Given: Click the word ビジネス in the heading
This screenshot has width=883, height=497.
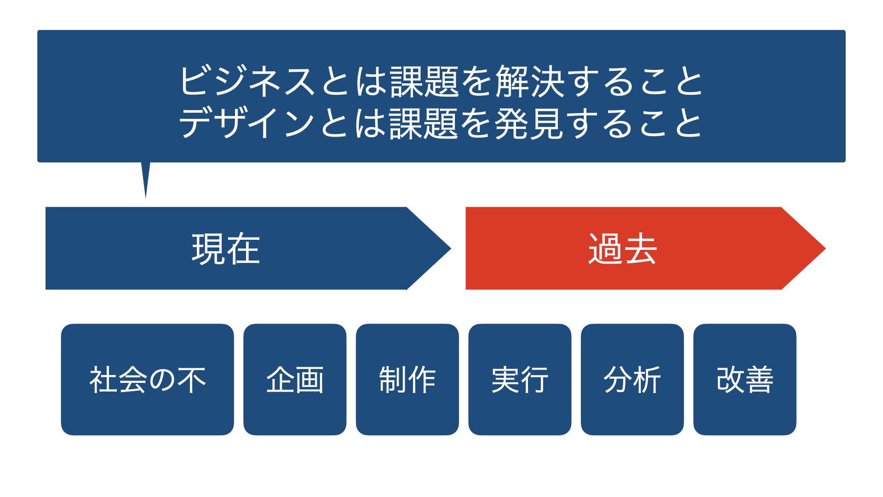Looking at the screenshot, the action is click(x=247, y=81).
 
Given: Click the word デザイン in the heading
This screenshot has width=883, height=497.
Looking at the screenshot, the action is click(x=247, y=123).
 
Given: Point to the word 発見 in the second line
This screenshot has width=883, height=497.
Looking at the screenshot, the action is click(x=529, y=123).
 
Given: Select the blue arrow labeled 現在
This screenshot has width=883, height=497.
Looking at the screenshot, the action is click(x=248, y=248).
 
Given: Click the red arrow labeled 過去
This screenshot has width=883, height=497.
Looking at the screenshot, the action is click(x=646, y=248).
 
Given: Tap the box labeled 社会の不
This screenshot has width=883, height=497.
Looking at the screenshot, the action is click(x=147, y=380).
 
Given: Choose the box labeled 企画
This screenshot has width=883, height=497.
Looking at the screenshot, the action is click(x=295, y=380).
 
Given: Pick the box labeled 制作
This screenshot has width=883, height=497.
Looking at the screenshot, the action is click(x=407, y=380).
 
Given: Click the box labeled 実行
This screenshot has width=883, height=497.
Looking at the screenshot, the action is click(x=520, y=380).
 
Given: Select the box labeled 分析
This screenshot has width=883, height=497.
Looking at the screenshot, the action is click(x=632, y=380).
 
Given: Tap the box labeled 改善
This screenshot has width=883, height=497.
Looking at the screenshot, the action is click(x=745, y=380).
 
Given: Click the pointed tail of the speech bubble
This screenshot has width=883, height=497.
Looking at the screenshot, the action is click(x=146, y=198).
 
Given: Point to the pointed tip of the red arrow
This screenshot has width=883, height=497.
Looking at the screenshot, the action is click(x=826, y=248).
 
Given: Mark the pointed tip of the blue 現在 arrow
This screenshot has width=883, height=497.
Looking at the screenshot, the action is click(x=451, y=248).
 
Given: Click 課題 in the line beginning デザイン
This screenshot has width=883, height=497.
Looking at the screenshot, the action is click(x=424, y=123).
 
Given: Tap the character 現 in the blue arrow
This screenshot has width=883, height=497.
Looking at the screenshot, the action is click(x=208, y=248).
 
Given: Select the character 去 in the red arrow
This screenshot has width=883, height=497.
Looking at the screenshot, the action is click(x=640, y=248).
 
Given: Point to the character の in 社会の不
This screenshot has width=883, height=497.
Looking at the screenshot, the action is click(x=162, y=380).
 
